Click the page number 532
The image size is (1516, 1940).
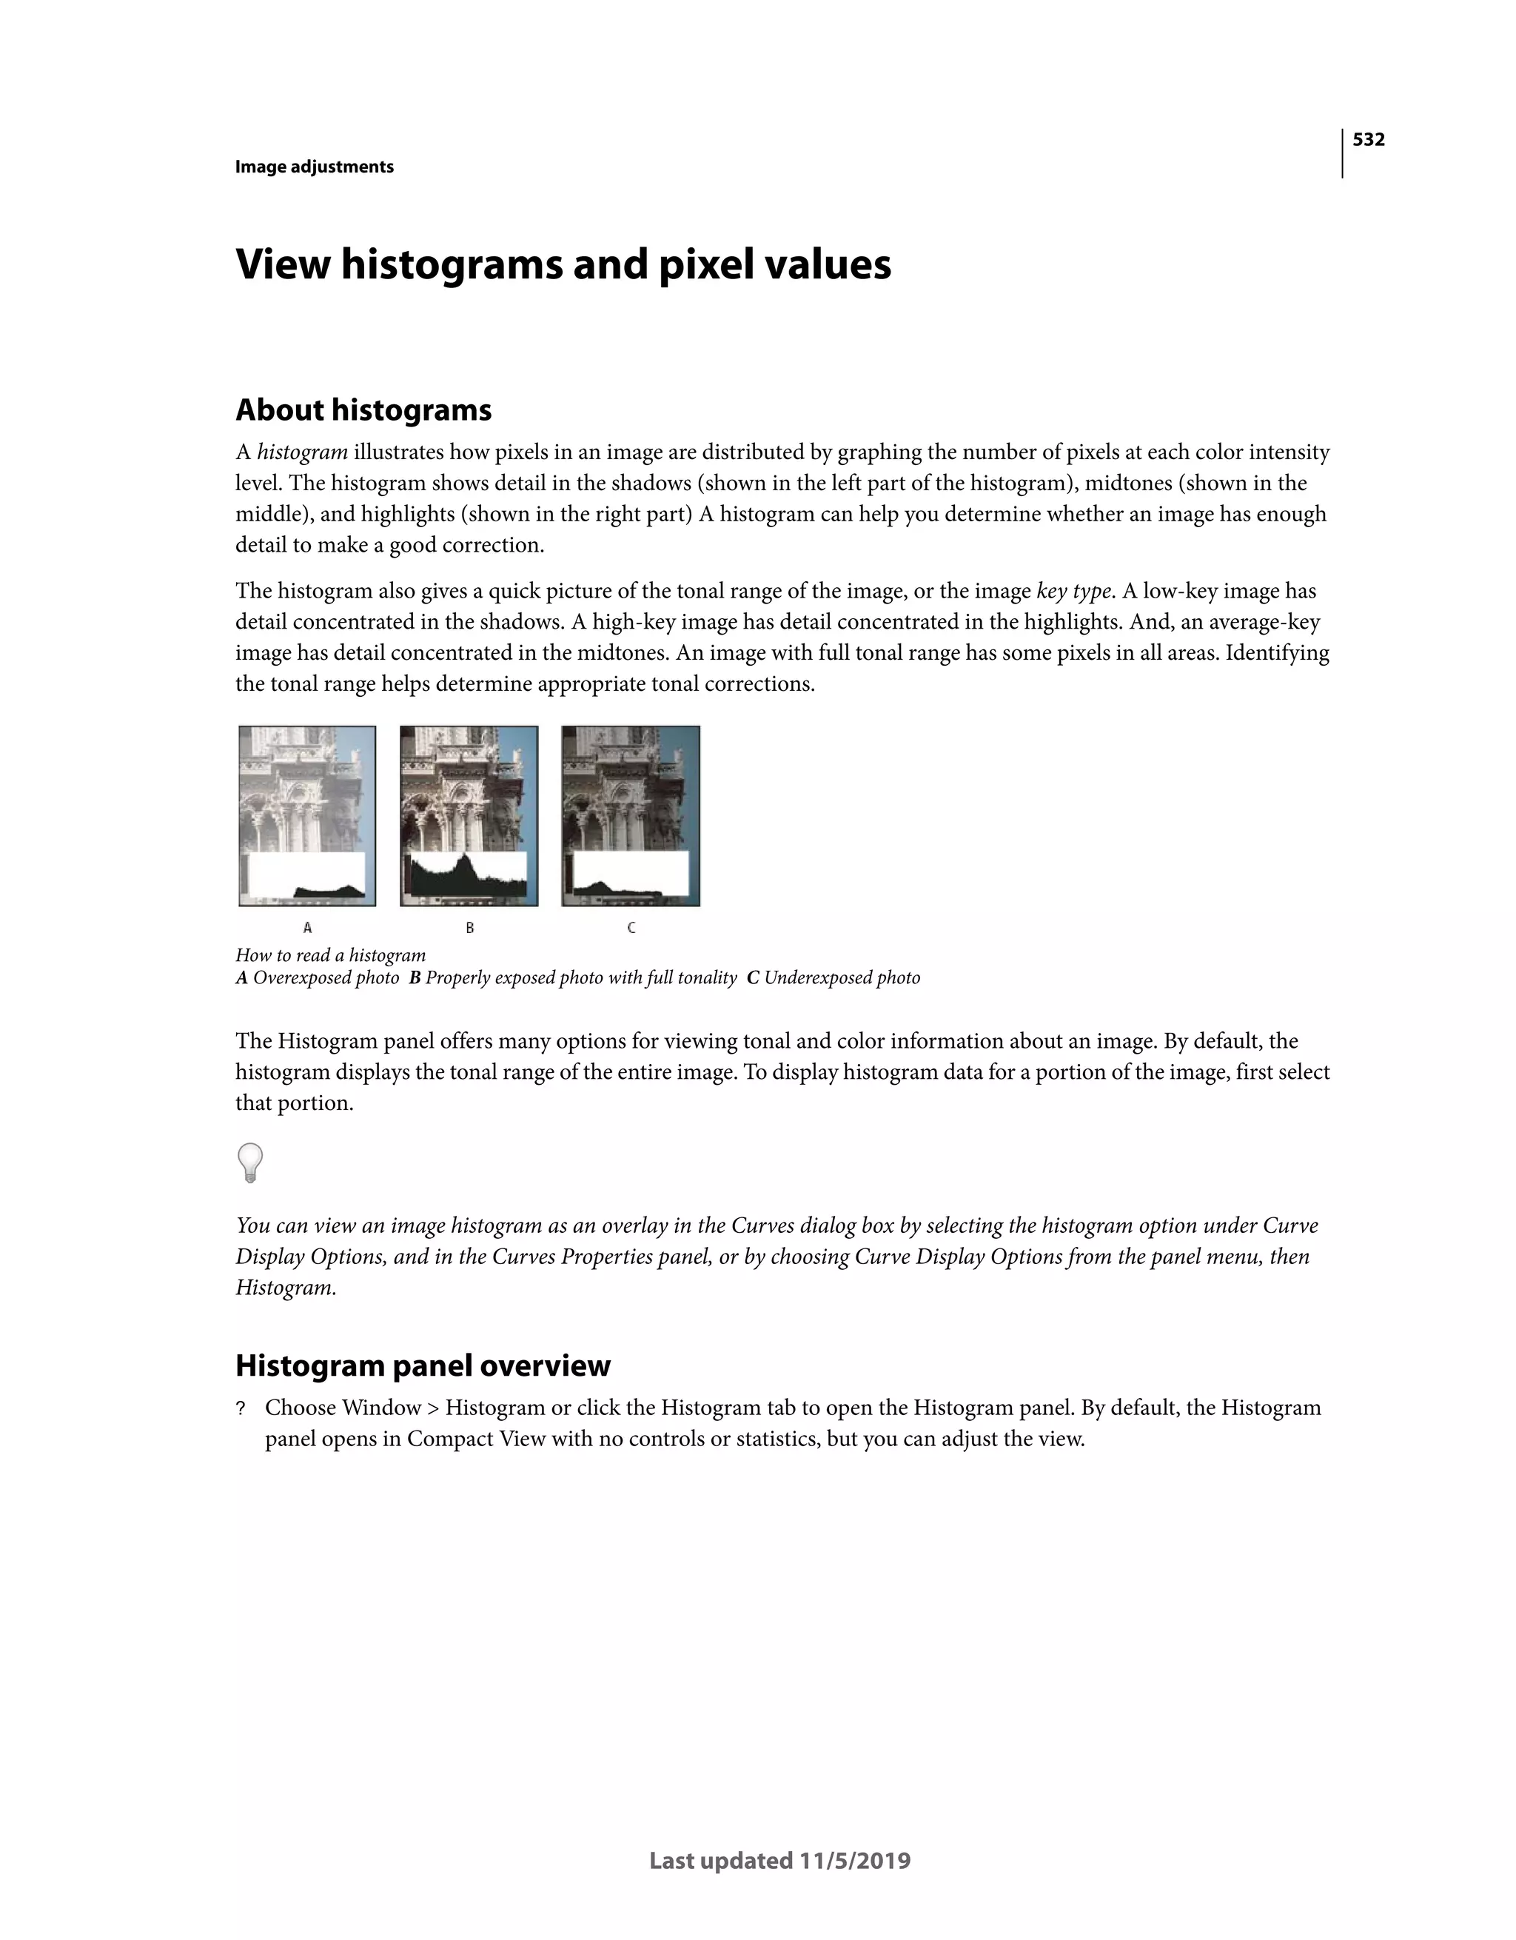[x=1368, y=139]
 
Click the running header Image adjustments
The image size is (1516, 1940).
[x=315, y=167]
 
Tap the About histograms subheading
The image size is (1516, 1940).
[x=363, y=410]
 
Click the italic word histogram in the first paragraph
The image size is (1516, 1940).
[x=302, y=453]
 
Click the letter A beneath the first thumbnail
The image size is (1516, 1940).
[x=307, y=927]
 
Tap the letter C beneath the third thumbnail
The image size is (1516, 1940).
[x=631, y=927]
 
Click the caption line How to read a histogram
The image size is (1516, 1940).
[x=330, y=955]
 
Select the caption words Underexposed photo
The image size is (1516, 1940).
[x=842, y=978]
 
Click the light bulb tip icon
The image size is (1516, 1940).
[x=250, y=1162]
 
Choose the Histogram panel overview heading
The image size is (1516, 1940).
[x=423, y=1365]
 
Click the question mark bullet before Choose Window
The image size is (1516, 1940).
[x=240, y=1410]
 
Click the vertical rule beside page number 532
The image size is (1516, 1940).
[x=1342, y=153]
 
